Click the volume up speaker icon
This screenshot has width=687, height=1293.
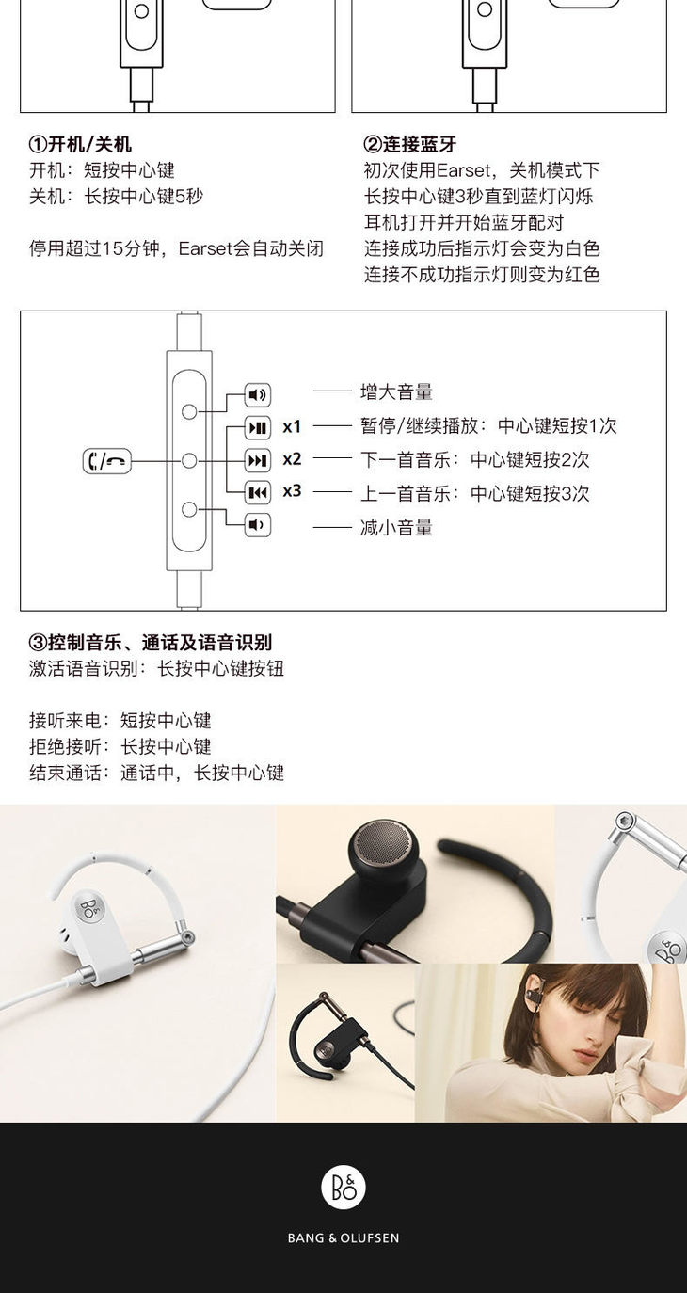(258, 395)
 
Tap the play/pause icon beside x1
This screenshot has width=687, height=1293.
(258, 428)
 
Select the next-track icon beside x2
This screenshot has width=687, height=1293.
(258, 460)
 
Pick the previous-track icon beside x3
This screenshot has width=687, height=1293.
(258, 492)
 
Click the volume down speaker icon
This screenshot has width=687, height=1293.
(258, 525)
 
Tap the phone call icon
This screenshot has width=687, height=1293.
(106, 460)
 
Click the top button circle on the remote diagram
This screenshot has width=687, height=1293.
(189, 411)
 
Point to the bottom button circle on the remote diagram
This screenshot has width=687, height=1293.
(189, 509)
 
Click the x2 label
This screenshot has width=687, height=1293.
(292, 459)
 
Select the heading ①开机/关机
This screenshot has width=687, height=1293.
(80, 144)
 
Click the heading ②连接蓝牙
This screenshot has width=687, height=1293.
(410, 144)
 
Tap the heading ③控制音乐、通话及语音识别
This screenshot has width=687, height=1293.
(150, 643)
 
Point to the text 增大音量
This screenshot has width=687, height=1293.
(396, 391)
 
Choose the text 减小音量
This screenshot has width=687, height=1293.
(396, 527)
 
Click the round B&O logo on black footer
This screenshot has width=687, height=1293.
(343, 1189)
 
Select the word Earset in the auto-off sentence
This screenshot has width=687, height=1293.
(205, 248)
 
